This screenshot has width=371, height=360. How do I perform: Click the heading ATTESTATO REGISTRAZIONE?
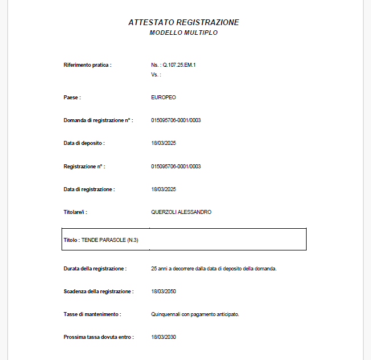(x=184, y=22)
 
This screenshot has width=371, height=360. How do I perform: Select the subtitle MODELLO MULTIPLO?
(x=184, y=33)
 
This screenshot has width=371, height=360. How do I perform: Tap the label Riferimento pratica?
(x=87, y=65)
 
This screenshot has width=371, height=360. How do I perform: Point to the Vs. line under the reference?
(x=156, y=75)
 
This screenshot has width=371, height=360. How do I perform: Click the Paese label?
(x=72, y=98)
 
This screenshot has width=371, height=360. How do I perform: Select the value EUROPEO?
(x=164, y=98)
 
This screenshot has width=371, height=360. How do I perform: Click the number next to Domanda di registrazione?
(x=176, y=120)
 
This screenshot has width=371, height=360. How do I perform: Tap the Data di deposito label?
(x=84, y=143)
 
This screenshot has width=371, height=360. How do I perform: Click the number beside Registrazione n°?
(x=176, y=167)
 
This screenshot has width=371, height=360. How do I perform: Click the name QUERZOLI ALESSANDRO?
(x=181, y=212)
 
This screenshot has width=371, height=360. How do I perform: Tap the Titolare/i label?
(x=75, y=212)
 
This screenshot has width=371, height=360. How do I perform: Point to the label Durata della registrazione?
(x=95, y=268)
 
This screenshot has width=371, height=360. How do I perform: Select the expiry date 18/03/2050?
(x=164, y=292)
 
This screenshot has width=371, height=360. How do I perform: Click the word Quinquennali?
(x=166, y=314)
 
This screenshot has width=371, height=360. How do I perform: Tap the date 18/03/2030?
(x=164, y=337)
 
